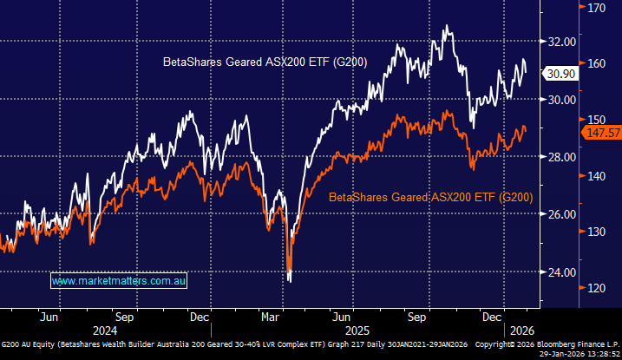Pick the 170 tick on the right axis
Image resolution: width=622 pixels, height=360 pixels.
pyautogui.click(x=595, y=8)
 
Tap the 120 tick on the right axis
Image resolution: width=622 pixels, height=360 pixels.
pyautogui.click(x=595, y=287)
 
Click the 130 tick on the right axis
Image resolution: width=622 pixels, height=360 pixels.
pyautogui.click(x=595, y=232)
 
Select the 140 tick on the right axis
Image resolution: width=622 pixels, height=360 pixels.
pyautogui.click(x=595, y=175)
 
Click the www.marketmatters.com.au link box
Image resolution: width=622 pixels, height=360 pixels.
pyautogui.click(x=120, y=281)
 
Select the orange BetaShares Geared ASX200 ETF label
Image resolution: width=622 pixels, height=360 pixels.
pyautogui.click(x=430, y=198)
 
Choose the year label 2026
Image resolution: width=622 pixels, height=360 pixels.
pyautogui.click(x=521, y=331)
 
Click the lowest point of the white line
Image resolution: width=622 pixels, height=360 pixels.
pyautogui.click(x=289, y=280)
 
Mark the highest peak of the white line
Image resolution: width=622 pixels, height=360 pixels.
pyautogui.click(x=446, y=26)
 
